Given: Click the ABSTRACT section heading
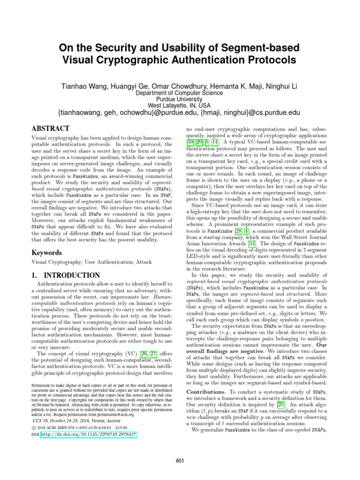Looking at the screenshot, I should pyautogui.click(x=50, y=128).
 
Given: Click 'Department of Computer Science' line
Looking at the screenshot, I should pyautogui.click(x=180, y=93).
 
